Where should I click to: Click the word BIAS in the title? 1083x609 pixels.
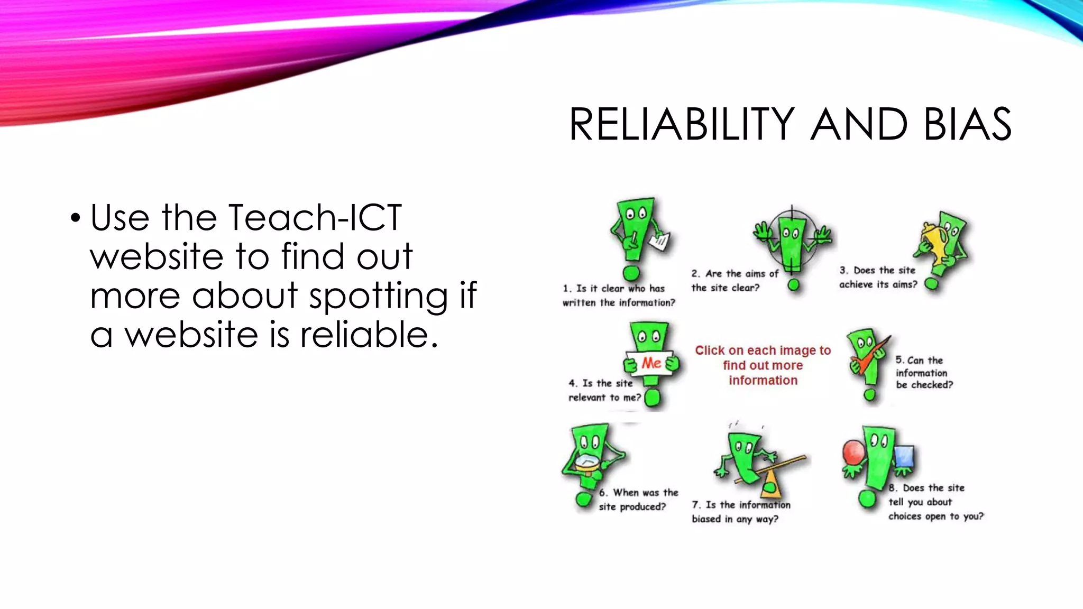(967, 125)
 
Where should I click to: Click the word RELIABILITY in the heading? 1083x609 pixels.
(682, 125)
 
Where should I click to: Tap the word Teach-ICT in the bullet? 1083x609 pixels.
(315, 217)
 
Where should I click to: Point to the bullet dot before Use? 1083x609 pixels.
(76, 218)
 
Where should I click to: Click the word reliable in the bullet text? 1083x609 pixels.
(369, 335)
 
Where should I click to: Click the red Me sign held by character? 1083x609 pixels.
(651, 363)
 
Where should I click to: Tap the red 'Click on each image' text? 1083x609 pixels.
(763, 365)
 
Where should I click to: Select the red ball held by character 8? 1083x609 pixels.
(853, 453)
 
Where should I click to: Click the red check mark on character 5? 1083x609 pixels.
(870, 357)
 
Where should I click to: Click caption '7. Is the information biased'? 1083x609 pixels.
(740, 512)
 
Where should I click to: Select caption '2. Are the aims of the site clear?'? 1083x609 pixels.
(734, 281)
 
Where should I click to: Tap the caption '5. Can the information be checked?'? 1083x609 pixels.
(923, 373)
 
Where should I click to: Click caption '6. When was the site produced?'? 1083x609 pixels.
(638, 500)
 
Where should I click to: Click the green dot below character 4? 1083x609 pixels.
(653, 398)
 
